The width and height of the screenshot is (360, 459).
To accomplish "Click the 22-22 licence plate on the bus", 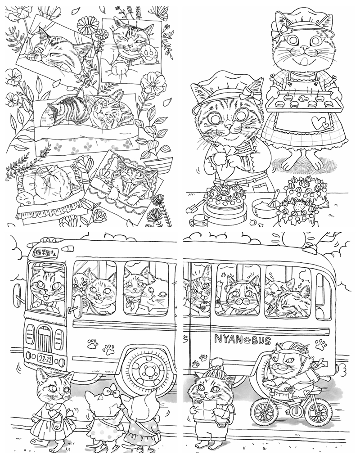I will [x=45, y=359].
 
